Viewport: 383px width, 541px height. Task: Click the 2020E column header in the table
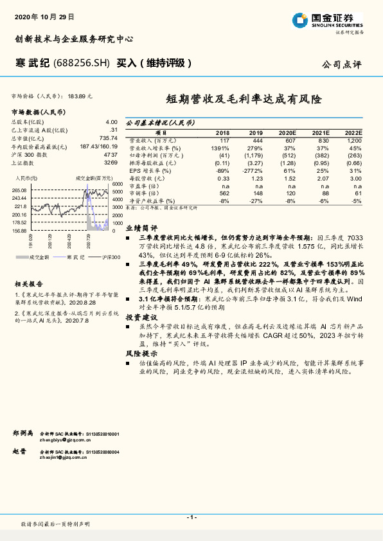[x=287, y=132]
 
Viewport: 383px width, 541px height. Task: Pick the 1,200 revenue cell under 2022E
[x=354, y=139]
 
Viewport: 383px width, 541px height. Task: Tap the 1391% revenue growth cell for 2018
[x=222, y=148]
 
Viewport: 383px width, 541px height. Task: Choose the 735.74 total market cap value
[x=108, y=138]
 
